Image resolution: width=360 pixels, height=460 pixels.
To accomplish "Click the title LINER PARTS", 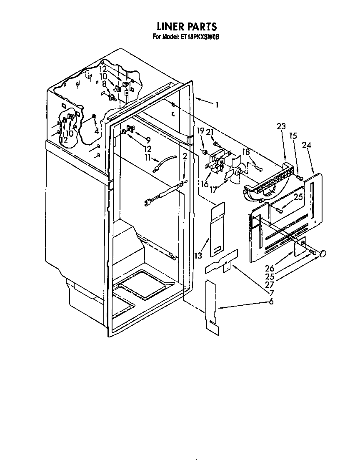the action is click(187, 26).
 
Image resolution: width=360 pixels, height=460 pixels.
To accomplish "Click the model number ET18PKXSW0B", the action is click(199, 37).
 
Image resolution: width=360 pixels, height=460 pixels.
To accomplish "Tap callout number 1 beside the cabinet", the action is click(217, 105).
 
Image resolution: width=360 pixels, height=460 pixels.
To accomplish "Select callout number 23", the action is click(281, 126).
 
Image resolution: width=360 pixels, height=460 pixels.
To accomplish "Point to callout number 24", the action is click(306, 145).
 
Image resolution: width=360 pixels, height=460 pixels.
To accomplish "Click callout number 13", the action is click(198, 256).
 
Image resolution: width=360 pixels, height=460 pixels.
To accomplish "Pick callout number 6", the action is click(271, 301).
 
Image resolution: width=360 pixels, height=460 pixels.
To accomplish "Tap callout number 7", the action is click(272, 292).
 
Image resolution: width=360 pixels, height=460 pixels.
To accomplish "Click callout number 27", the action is click(270, 284).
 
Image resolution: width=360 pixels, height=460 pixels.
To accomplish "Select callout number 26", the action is click(270, 268).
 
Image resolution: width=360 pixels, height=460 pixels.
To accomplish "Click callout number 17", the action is click(213, 189).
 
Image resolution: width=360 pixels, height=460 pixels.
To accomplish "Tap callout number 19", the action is click(200, 131).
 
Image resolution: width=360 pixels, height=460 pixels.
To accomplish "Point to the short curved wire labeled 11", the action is click(165, 163).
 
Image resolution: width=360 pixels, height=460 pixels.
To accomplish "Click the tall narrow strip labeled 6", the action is click(212, 308).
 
